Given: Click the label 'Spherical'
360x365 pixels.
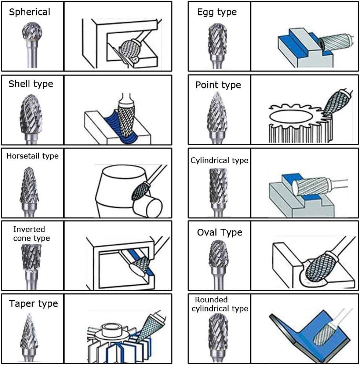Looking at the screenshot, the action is click(x=30, y=12).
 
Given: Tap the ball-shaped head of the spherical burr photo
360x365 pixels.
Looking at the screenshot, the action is click(x=32, y=31).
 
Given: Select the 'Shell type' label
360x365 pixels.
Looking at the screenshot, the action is click(x=31, y=84).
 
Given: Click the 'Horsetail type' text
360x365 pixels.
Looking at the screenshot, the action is click(x=32, y=156).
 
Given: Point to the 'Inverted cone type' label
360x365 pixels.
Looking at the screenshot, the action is click(x=32, y=234).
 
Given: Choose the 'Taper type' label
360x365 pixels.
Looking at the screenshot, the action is click(x=33, y=304).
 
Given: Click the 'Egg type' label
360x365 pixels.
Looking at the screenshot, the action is click(x=217, y=12).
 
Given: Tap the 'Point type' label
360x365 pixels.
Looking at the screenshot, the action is click(x=218, y=85).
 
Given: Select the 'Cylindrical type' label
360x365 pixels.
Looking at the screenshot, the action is click(x=219, y=161).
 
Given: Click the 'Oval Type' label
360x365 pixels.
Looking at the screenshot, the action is click(x=219, y=233).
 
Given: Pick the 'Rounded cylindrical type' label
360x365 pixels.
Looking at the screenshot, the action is click(x=220, y=304).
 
